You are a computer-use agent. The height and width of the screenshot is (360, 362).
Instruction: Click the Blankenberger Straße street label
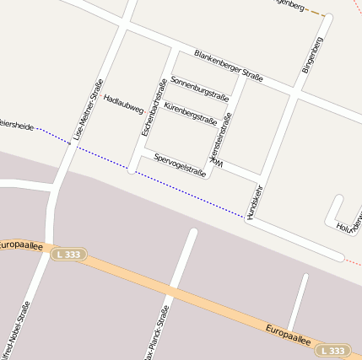pyautogui.click(x=228, y=66)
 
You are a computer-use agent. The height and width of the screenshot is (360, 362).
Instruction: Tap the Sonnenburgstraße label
pyautogui.click(x=200, y=88)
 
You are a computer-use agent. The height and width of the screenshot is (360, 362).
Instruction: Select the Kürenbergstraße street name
pyautogui.click(x=190, y=112)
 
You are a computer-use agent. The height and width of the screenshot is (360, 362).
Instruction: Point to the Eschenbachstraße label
pyautogui.click(x=154, y=108)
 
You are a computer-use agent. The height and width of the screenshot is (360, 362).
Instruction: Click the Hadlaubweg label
pyautogui.click(x=123, y=103)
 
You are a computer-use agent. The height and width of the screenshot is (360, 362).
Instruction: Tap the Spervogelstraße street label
pyautogui.click(x=180, y=165)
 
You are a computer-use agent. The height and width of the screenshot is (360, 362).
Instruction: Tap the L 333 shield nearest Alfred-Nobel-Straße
pyautogui.click(x=68, y=254)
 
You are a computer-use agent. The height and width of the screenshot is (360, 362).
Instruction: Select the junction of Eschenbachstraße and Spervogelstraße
pyautogui.click(x=132, y=169)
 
